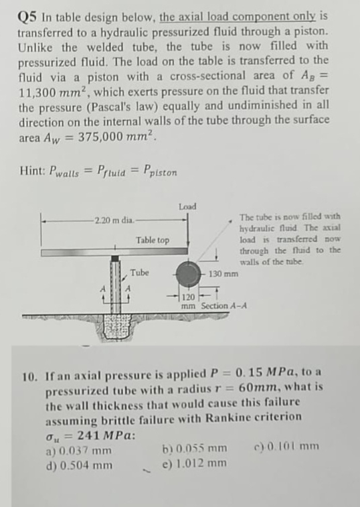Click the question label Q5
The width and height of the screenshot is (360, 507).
pyautogui.click(x=28, y=18)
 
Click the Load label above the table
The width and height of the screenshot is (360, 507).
pyautogui.click(x=187, y=206)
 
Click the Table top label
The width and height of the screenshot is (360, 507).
pyautogui.click(x=153, y=240)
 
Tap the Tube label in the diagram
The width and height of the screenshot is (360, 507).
pyautogui.click(x=139, y=273)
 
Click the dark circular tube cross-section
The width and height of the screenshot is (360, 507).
pyautogui.click(x=188, y=275)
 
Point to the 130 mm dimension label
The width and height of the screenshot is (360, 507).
pyautogui.click(x=223, y=275)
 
